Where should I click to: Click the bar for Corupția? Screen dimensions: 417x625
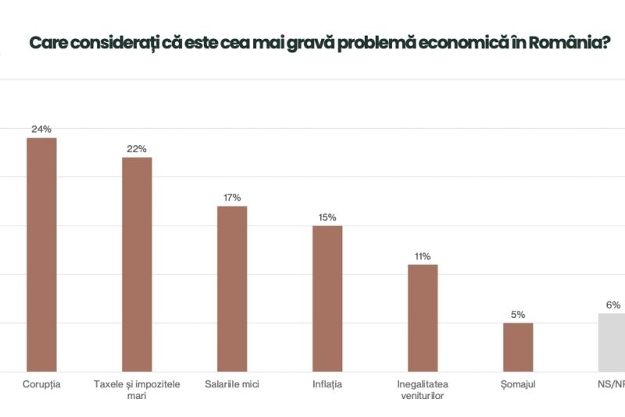click(41, 254)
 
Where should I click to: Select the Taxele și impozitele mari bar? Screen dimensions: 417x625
click(137, 264)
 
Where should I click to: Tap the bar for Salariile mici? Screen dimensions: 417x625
click(232, 288)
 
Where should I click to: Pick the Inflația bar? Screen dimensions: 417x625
click(327, 298)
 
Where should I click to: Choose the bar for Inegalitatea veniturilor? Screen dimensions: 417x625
click(423, 317)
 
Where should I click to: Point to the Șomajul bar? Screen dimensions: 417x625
click(518, 347)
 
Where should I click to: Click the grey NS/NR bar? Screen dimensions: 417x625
click(612, 342)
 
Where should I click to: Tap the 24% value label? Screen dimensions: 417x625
click(41, 129)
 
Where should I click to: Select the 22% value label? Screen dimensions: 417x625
click(137, 148)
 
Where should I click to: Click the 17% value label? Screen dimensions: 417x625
click(232, 198)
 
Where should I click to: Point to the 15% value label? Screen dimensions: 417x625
click(327, 217)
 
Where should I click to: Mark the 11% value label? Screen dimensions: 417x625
click(423, 256)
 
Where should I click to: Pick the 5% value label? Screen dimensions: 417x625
click(518, 315)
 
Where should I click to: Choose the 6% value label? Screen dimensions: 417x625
click(613, 305)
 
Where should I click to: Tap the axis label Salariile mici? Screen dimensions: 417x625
click(232, 383)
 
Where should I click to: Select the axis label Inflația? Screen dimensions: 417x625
click(327, 383)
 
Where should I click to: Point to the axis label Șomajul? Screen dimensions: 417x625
click(518, 383)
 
